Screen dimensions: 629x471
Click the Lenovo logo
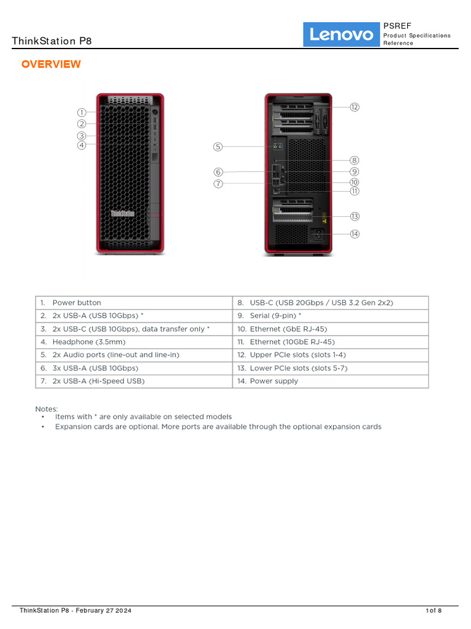click(x=342, y=34)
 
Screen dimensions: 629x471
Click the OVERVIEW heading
click(x=51, y=64)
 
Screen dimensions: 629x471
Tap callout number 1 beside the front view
click(x=82, y=112)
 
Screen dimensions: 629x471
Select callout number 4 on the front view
click(x=82, y=146)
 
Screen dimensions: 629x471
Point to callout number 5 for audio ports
click(x=218, y=147)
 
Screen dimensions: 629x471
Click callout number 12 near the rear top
click(x=354, y=107)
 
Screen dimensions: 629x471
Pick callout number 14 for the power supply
click(x=354, y=233)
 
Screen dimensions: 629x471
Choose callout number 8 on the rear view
click(x=354, y=160)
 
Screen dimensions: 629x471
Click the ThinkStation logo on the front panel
click(x=123, y=213)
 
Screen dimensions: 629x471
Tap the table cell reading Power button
click(x=77, y=303)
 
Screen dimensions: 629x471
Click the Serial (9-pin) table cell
click(x=275, y=316)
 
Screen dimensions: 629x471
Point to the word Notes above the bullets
click(x=47, y=408)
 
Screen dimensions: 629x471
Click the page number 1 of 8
click(x=434, y=610)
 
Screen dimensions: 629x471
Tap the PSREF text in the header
click(x=397, y=26)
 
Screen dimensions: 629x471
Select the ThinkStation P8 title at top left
click(x=52, y=41)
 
